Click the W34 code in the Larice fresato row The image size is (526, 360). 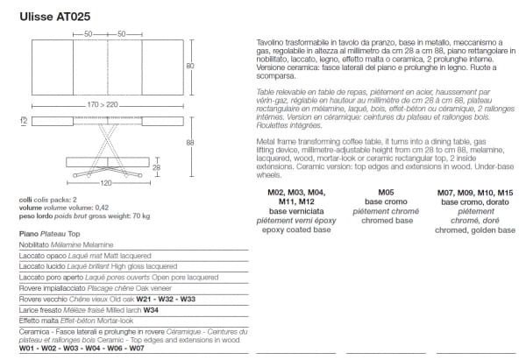point(150,310)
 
